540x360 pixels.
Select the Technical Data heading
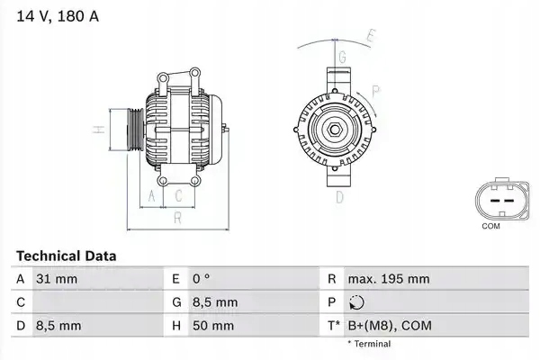pos(66,256)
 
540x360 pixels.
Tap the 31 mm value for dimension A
pos(57,279)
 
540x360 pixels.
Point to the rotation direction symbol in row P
pos(358,302)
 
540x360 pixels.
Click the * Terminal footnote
pos(369,344)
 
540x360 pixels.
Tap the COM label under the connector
pos(490,226)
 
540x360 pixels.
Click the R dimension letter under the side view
pos(178,217)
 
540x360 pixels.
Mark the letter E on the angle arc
pos(370,36)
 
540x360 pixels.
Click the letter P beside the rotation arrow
pos(375,90)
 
